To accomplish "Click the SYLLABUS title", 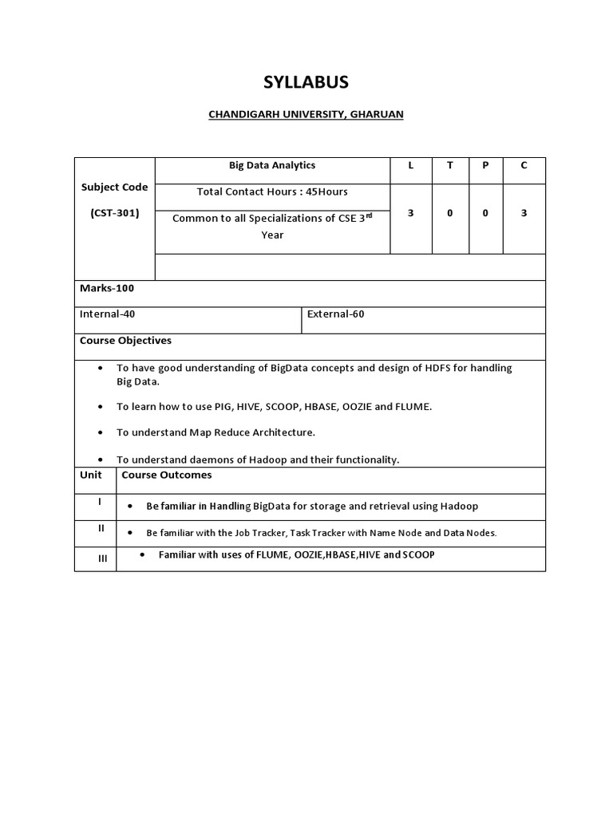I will (x=306, y=83).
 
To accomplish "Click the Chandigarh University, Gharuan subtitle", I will (x=306, y=114).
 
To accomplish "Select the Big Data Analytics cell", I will (x=272, y=166).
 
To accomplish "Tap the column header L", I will (x=410, y=166).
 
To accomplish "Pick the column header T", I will (x=449, y=166).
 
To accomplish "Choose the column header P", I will (x=485, y=166).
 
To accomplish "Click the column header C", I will (x=524, y=166).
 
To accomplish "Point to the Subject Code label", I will (x=114, y=187).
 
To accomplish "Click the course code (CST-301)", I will (x=114, y=213).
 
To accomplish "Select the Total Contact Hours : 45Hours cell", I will (x=272, y=192).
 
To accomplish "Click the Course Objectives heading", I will (x=125, y=341).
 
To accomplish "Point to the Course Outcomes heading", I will (x=167, y=475).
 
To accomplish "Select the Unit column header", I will (x=91, y=475).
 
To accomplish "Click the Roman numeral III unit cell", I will (x=102, y=558).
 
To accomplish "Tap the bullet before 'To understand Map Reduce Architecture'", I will (x=100, y=432).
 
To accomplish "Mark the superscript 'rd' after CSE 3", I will (x=369, y=215).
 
